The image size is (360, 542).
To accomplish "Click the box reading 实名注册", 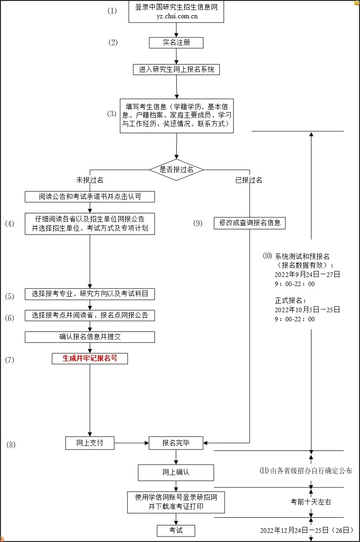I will pyautogui.click(x=176, y=43).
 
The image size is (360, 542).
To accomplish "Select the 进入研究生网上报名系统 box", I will pyautogui.click(x=176, y=70).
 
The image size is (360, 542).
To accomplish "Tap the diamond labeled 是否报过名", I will pyautogui.click(x=176, y=169).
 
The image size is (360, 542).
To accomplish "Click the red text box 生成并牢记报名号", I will pyautogui.click(x=90, y=358).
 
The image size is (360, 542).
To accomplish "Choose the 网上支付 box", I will pyautogui.click(x=90, y=443).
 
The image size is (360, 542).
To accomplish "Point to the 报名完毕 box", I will pyautogui.click(x=176, y=443).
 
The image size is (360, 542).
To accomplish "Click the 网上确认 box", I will pyautogui.click(x=176, y=472).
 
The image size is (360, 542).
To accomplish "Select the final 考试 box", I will pyautogui.click(x=176, y=530).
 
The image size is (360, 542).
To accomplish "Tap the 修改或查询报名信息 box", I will pyautogui.click(x=250, y=223).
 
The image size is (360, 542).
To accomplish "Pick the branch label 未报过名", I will pyautogui.click(x=90, y=180).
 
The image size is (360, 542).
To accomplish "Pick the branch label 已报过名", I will pyautogui.click(x=249, y=180).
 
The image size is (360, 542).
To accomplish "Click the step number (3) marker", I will pyautogui.click(x=112, y=114).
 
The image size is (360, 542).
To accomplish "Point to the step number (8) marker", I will pyautogui.click(x=11, y=444).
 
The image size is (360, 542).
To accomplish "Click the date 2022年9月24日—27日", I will pyautogui.click(x=307, y=275).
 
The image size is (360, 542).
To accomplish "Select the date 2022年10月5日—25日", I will pyautogui.click(x=307, y=309).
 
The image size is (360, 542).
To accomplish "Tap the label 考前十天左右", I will pyautogui.click(x=311, y=502).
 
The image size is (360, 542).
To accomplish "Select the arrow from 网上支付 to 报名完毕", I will pyautogui.click(x=131, y=443).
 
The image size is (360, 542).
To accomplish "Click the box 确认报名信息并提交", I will pyautogui.click(x=90, y=337).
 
